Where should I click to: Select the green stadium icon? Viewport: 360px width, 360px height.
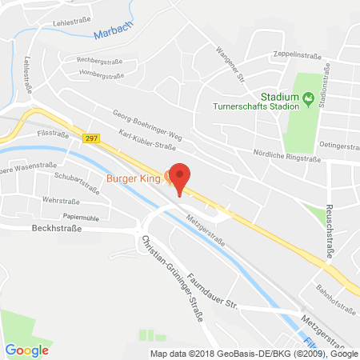pyautogui.click(x=310, y=98)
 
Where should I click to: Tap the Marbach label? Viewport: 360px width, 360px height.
pyautogui.click(x=109, y=34)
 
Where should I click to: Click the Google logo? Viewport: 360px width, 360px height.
pyautogui.click(x=26, y=350)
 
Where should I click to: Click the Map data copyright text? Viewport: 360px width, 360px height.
pyautogui.click(x=254, y=353)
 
